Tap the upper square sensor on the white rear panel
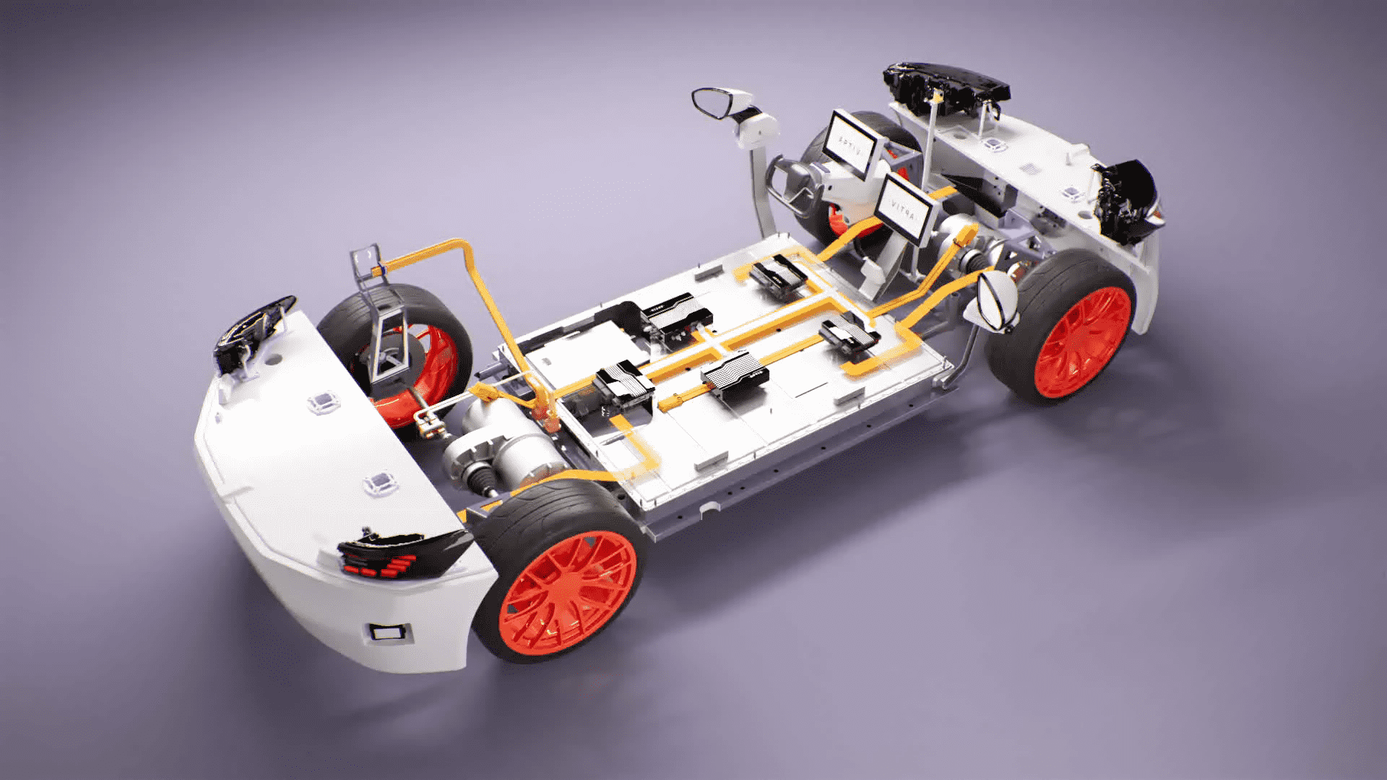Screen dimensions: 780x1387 [319, 403]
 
